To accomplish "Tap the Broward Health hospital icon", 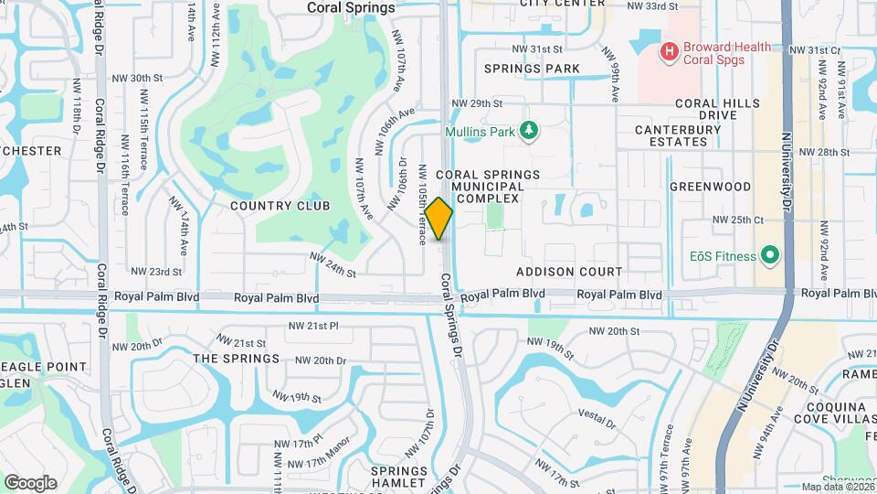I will pos(670,52).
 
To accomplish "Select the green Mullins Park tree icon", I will pos(528,131).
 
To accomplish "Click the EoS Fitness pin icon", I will pos(770,256).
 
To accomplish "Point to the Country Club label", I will pos(280,206).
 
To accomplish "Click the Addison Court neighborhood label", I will pos(569,272).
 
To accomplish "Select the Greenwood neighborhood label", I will pos(710,187).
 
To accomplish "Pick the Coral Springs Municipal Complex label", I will pos(487,186).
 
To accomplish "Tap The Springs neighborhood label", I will pos(236,359).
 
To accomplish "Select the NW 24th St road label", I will pos(332,265).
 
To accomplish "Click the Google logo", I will pos(30,482).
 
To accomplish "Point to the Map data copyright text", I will pos(837,488).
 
